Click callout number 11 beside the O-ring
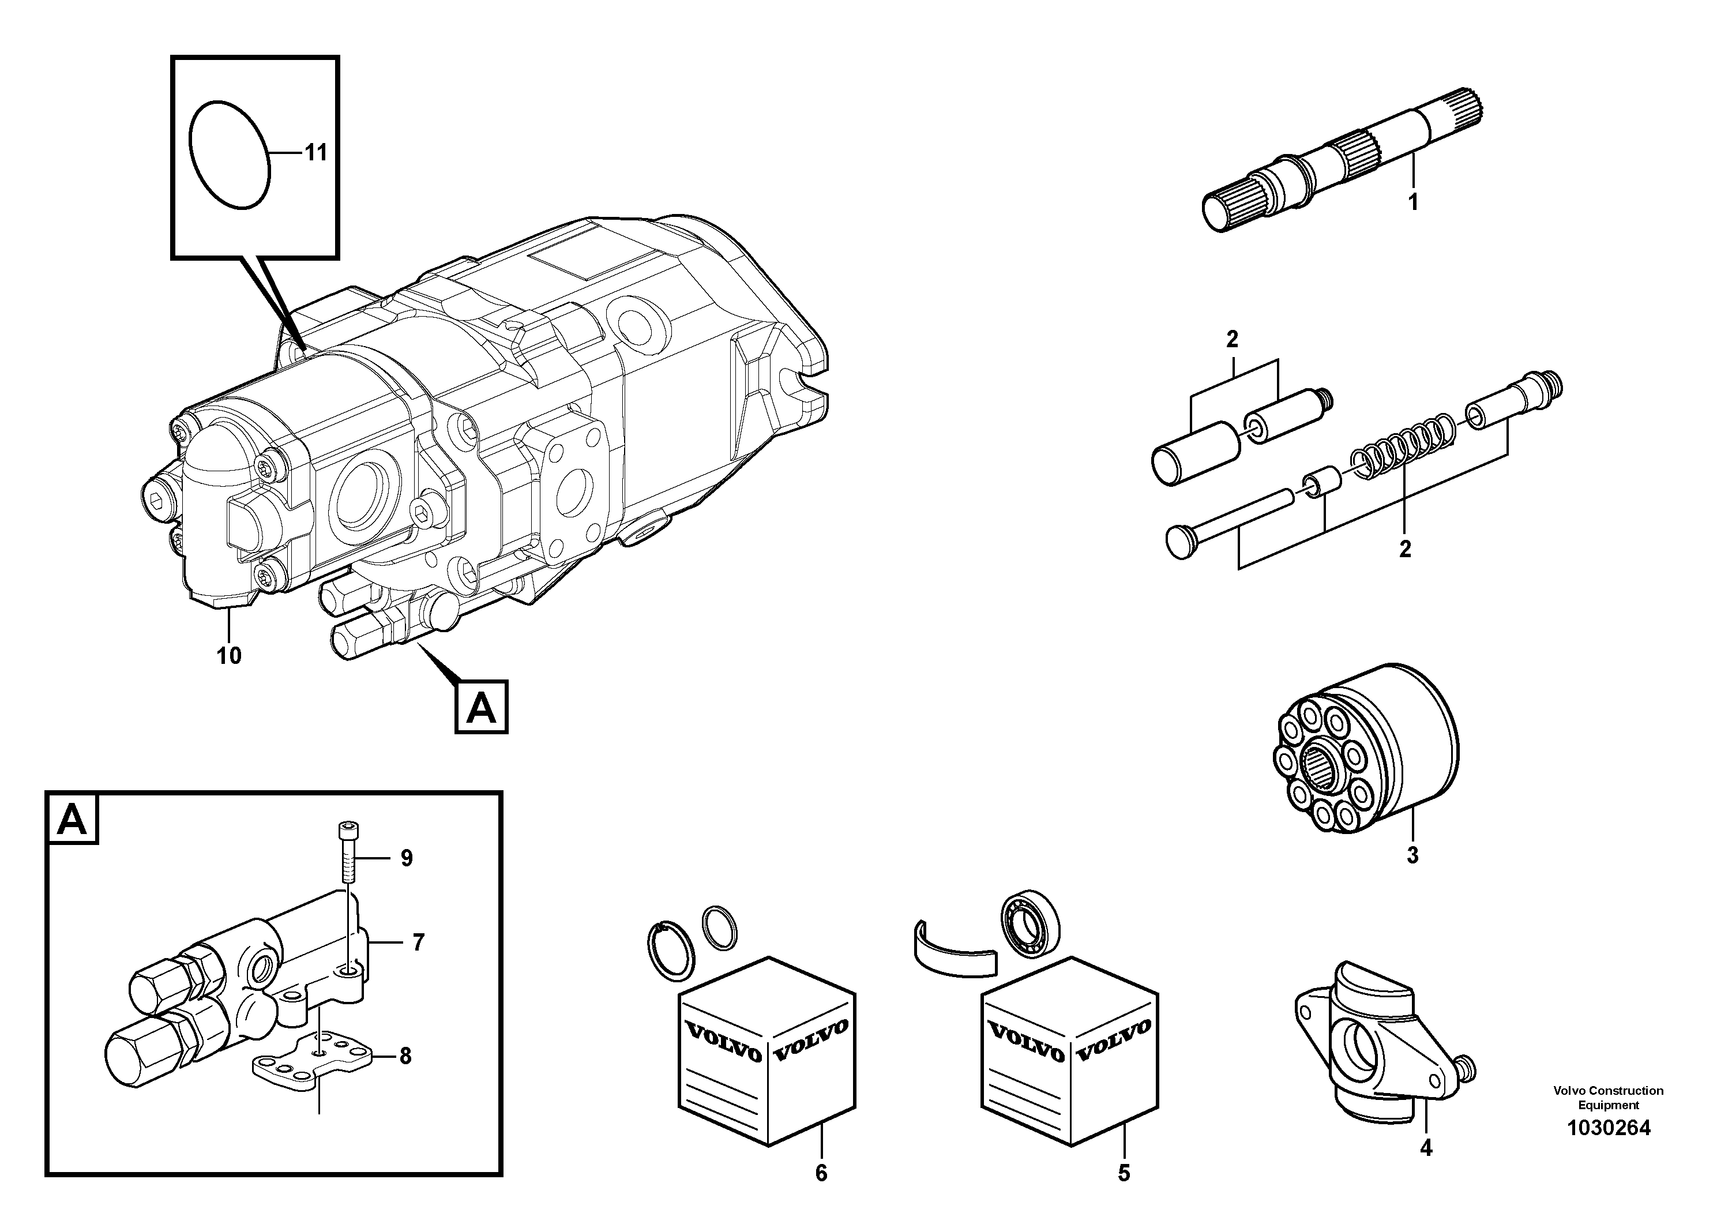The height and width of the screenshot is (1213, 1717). coord(315,153)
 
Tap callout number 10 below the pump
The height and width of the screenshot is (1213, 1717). coord(229,656)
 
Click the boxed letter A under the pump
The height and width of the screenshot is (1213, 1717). coord(481,707)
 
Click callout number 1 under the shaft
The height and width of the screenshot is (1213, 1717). coord(1412,202)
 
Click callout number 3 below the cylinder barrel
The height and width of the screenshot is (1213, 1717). coord(1412,855)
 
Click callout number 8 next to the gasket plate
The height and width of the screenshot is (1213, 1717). coord(404,1056)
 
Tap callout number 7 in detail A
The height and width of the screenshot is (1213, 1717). coord(418,942)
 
